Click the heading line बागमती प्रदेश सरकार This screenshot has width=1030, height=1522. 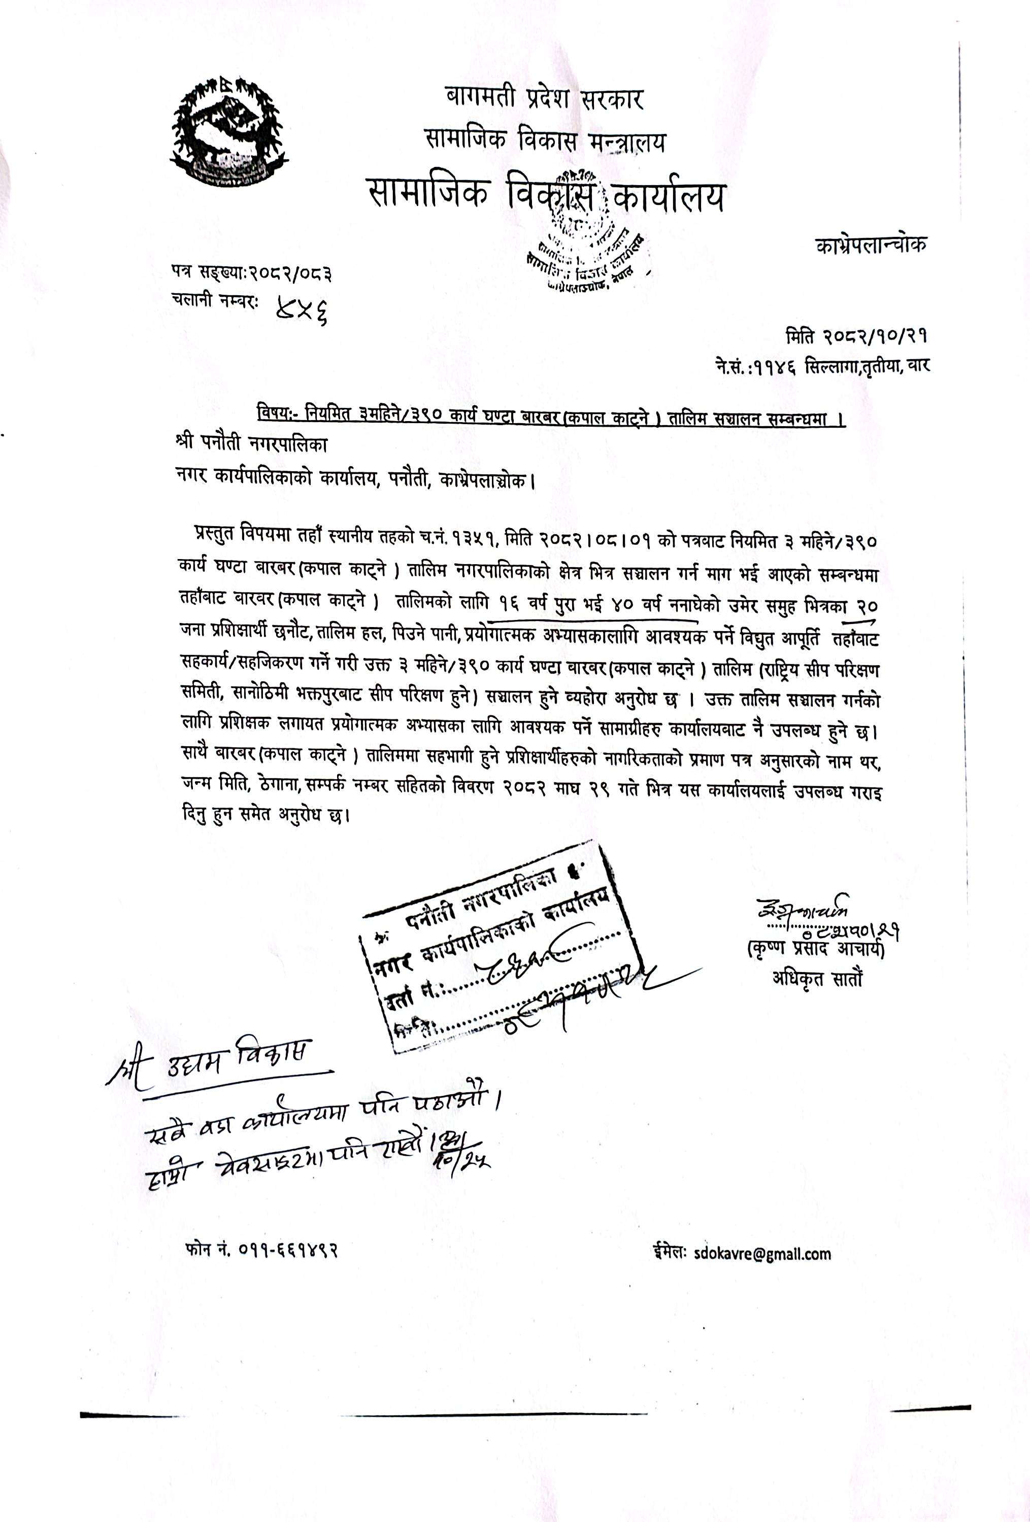(x=544, y=99)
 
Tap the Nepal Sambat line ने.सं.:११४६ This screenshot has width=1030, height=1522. (x=822, y=365)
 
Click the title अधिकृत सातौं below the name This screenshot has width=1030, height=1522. (x=817, y=979)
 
